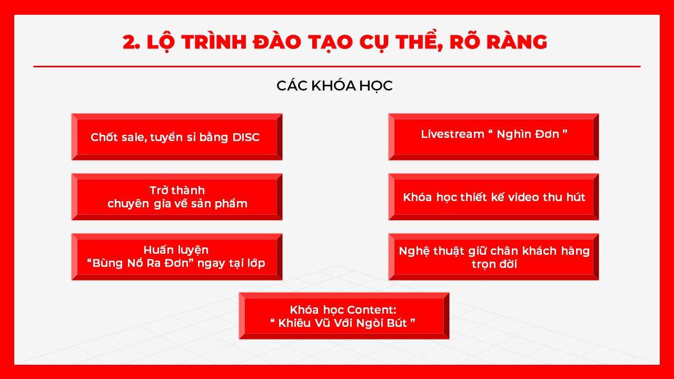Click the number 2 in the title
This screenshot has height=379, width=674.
(130, 42)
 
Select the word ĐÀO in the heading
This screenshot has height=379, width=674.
(277, 42)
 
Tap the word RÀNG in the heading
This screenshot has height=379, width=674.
(517, 42)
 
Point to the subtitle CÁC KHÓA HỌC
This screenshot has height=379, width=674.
(334, 86)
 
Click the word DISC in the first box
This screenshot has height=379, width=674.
(246, 137)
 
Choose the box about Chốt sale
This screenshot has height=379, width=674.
(177, 137)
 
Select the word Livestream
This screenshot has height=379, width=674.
(452, 134)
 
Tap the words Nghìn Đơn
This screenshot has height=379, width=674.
(528, 134)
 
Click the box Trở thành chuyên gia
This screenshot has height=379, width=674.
(177, 197)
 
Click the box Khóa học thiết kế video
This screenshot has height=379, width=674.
(493, 197)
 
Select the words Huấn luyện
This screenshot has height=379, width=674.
(176, 250)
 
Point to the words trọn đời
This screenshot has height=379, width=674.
(494, 264)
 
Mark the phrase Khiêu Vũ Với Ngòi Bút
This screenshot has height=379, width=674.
(343, 323)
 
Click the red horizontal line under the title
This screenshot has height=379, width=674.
(337, 66)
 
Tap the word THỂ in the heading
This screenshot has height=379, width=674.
(420, 42)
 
